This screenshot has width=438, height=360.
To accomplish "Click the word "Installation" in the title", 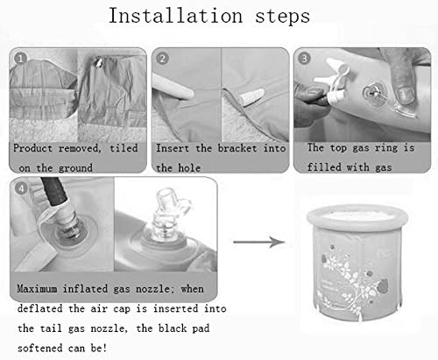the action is pos(175,15).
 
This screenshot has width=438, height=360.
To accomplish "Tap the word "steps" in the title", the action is pos(282,17).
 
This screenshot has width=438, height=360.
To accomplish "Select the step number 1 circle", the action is pos(20,59).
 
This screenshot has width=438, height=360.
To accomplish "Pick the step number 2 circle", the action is pos(163,59).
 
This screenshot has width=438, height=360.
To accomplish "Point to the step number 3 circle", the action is pos(304,59).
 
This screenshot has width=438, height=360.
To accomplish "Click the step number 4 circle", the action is pos(21,188).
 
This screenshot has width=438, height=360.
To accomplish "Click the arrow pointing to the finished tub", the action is pos(259,242).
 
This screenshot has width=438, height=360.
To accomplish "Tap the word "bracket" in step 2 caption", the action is pos(237,148).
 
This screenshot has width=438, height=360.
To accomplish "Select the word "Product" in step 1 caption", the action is pos(32,148).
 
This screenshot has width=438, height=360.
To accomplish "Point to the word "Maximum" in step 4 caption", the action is pos(37,289).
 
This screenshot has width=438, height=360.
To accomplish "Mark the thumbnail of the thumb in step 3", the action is pos(406,95).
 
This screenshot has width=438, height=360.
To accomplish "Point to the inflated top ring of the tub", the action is pos(357,216).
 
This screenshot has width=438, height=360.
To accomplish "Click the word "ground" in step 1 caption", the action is pos(75,168).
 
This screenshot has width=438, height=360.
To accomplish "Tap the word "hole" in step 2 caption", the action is pos(189,168).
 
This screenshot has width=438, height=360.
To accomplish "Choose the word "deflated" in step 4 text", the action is pos(40,308).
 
